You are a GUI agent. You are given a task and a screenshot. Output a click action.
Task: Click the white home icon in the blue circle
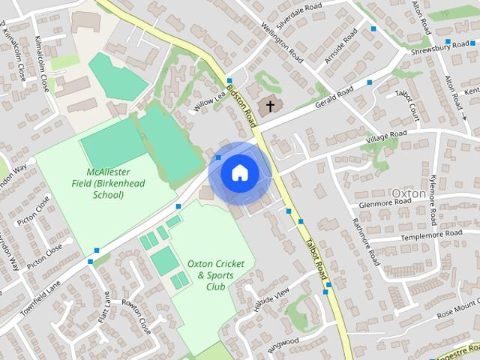(239, 173)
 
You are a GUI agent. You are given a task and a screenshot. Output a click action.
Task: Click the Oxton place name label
(409, 193)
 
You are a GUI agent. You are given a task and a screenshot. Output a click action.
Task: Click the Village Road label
(386, 137)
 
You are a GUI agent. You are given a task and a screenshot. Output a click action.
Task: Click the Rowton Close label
(136, 316)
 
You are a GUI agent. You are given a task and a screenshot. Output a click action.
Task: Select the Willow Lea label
(209, 103)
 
